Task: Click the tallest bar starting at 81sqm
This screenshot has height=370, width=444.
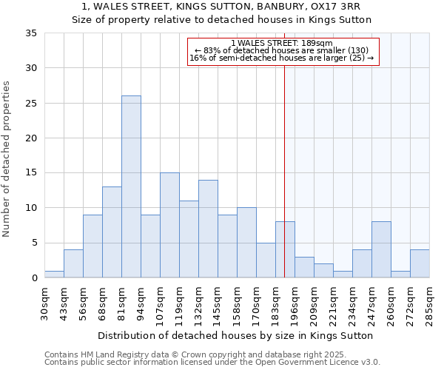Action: [x=131, y=186]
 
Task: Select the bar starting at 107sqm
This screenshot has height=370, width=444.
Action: [x=169, y=225]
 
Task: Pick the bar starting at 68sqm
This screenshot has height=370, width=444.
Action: [x=112, y=232]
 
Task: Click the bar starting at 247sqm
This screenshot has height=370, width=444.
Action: [x=381, y=249]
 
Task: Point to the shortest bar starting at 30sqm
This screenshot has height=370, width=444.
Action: [x=54, y=274]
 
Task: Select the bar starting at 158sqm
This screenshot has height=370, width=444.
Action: [x=246, y=243]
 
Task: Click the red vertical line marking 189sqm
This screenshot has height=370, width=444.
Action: [x=285, y=170]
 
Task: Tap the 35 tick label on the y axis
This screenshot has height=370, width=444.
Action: [x=31, y=33]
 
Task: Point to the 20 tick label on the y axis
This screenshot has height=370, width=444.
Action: [x=31, y=138]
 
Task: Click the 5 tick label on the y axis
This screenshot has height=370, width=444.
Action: [x=34, y=243]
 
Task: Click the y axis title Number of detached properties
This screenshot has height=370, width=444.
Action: [x=7, y=159]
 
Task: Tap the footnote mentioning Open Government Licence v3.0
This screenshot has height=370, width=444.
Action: [x=212, y=363]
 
